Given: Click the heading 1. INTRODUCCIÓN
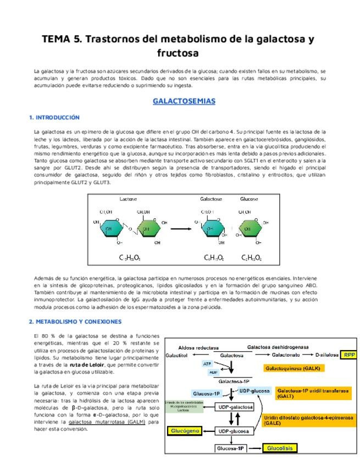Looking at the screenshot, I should [54, 118].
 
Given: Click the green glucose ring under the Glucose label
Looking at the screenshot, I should [251, 228].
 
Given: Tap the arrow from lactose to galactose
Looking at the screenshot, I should [182, 228].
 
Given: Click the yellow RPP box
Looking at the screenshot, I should [348, 355].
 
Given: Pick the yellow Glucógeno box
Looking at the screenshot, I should [186, 431].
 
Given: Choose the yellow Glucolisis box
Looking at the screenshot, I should [280, 448].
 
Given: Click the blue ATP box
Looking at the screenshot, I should [207, 364].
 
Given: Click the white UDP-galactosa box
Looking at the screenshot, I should [234, 408].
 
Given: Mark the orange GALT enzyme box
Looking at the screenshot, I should [313, 393].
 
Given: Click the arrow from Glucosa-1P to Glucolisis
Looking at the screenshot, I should [253, 449].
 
